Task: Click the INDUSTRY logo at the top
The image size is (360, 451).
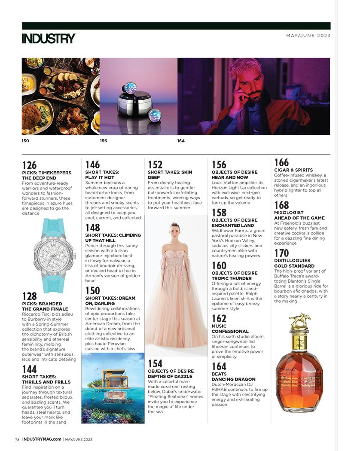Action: (x=49, y=39)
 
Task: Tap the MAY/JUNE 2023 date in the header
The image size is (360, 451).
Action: (x=308, y=36)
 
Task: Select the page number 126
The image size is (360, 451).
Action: (x=29, y=165)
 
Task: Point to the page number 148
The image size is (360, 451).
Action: (x=93, y=228)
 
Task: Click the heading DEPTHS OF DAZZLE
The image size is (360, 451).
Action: (x=170, y=376)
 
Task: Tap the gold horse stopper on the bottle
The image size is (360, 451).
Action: (x=299, y=319)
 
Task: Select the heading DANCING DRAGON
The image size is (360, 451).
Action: (x=233, y=379)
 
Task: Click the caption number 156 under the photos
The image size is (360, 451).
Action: (x=104, y=141)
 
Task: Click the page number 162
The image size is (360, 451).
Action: (x=219, y=319)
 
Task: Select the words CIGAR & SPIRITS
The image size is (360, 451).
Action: (x=293, y=170)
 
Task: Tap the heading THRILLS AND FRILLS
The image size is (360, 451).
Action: (x=46, y=382)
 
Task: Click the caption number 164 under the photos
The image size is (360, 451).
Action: (x=181, y=141)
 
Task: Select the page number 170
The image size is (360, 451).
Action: (x=281, y=253)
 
